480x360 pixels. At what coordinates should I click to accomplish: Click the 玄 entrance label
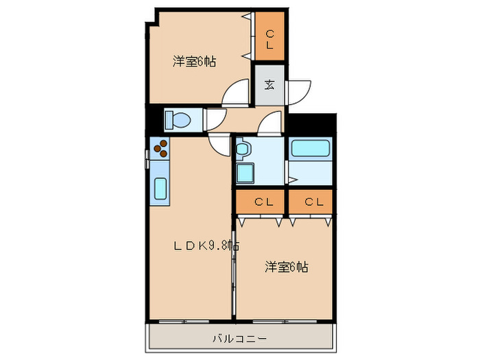pos(269,86)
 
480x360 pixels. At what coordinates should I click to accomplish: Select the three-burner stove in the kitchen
pos(160,149)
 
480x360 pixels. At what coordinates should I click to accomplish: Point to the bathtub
pos(311,148)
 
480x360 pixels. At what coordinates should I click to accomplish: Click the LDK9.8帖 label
pos(205,245)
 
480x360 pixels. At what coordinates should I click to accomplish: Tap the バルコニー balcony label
pos(239,338)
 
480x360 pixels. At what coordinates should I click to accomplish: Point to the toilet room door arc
pos(216,118)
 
